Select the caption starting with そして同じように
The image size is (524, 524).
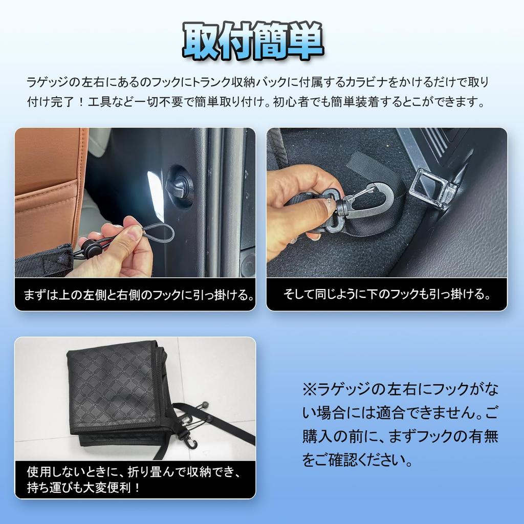pos(387,295)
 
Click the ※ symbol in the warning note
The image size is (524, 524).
pos(310,390)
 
